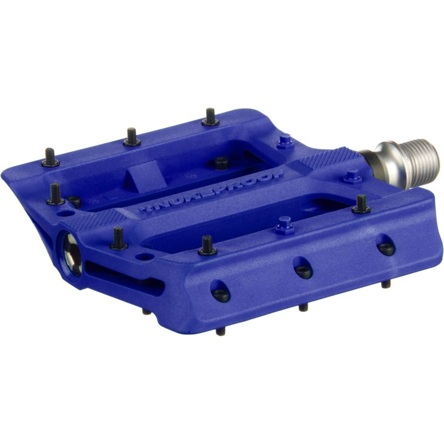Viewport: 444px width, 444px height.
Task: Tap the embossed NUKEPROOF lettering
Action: (212, 191)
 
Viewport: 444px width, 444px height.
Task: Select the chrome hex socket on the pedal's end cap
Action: (72, 255)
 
